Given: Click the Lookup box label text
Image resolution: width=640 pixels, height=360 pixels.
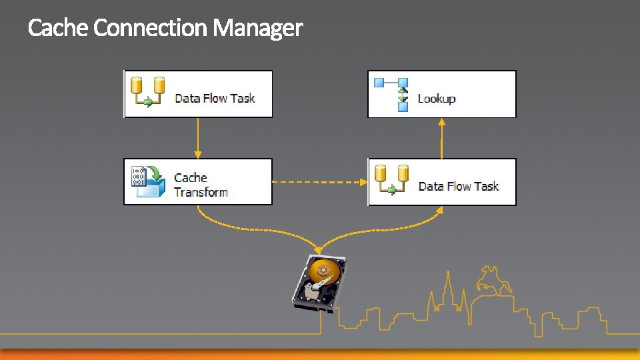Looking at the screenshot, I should tap(437, 99).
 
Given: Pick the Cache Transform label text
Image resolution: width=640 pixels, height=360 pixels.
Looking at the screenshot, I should tap(201, 185).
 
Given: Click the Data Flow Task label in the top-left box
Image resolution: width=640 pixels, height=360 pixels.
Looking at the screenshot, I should tap(215, 98).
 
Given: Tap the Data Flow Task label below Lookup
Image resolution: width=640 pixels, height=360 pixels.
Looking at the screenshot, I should tap(459, 186).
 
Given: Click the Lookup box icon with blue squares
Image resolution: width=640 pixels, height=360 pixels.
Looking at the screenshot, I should tap(393, 93).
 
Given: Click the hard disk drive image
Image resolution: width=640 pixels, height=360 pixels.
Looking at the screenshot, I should tap(319, 283).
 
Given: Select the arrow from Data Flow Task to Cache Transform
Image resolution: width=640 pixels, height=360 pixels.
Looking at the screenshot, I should tap(198, 137).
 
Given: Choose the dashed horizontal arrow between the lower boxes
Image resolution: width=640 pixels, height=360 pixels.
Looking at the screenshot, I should tap(320, 181).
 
